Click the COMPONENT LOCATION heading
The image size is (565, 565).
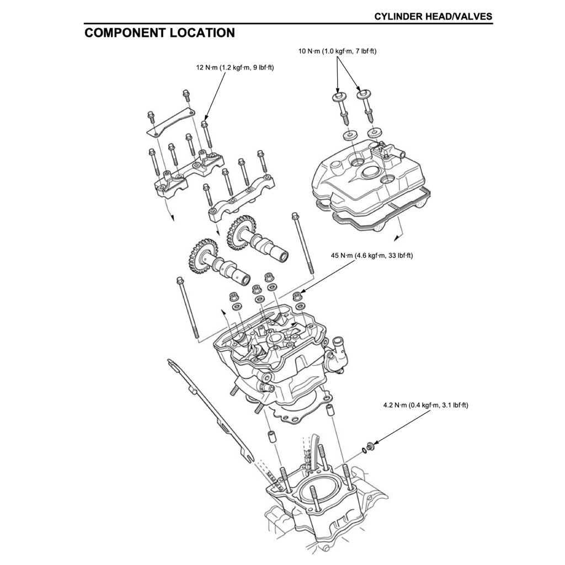[x=159, y=33]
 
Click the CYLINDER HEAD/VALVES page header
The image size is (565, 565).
[x=433, y=17]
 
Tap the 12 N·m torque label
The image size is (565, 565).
[x=235, y=68]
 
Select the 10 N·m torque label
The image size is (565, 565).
[x=337, y=51]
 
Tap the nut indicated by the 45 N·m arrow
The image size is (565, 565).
[x=299, y=295]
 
